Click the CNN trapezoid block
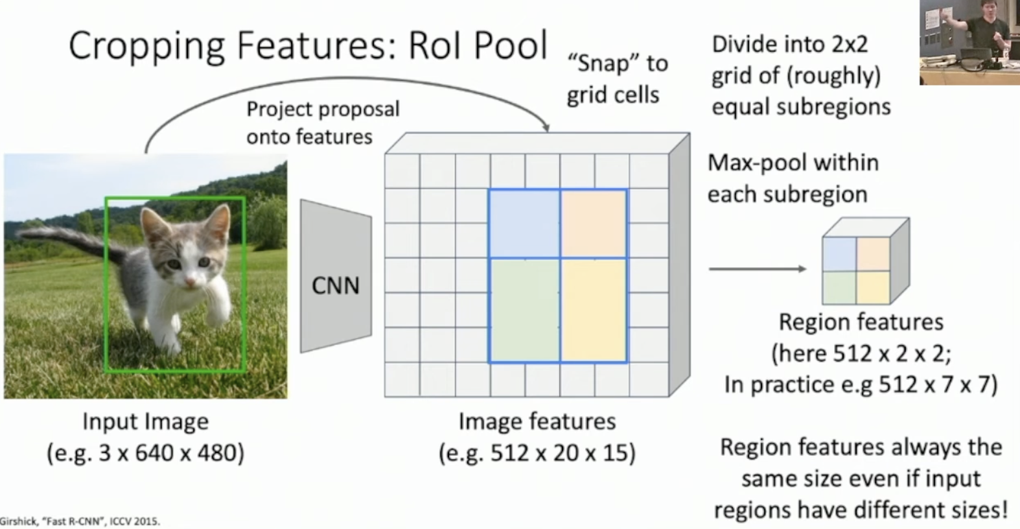point(336,276)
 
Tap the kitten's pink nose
point(189,283)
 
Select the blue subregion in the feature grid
point(524,224)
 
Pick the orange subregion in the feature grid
point(594,224)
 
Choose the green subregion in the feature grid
point(524,311)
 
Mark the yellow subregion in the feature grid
point(594,311)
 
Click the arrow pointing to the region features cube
point(758,269)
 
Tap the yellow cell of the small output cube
point(873,287)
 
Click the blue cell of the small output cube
point(840,253)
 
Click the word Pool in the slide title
point(510,45)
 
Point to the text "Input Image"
point(146,422)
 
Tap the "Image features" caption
point(537,421)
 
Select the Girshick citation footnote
point(80,521)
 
